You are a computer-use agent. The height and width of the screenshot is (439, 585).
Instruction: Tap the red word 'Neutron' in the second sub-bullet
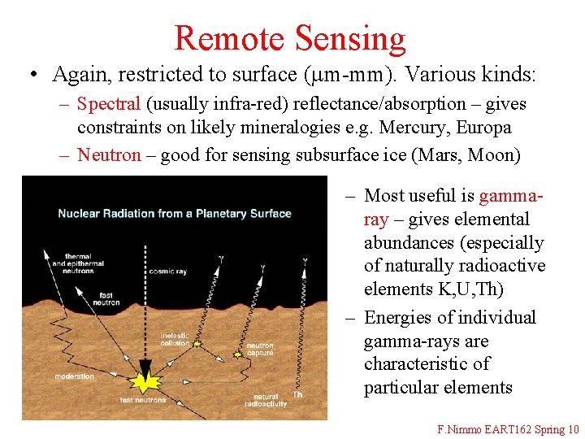(109, 154)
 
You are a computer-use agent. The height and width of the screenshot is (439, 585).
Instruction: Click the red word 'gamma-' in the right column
(512, 196)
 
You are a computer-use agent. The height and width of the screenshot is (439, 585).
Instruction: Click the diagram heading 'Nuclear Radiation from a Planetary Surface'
(174, 214)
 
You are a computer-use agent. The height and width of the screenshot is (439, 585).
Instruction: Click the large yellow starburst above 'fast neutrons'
(146, 380)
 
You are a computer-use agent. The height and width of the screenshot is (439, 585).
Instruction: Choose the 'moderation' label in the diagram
(75, 376)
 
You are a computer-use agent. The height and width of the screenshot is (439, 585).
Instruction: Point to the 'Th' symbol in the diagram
(298, 395)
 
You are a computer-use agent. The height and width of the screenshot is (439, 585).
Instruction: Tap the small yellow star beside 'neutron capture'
(238, 354)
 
